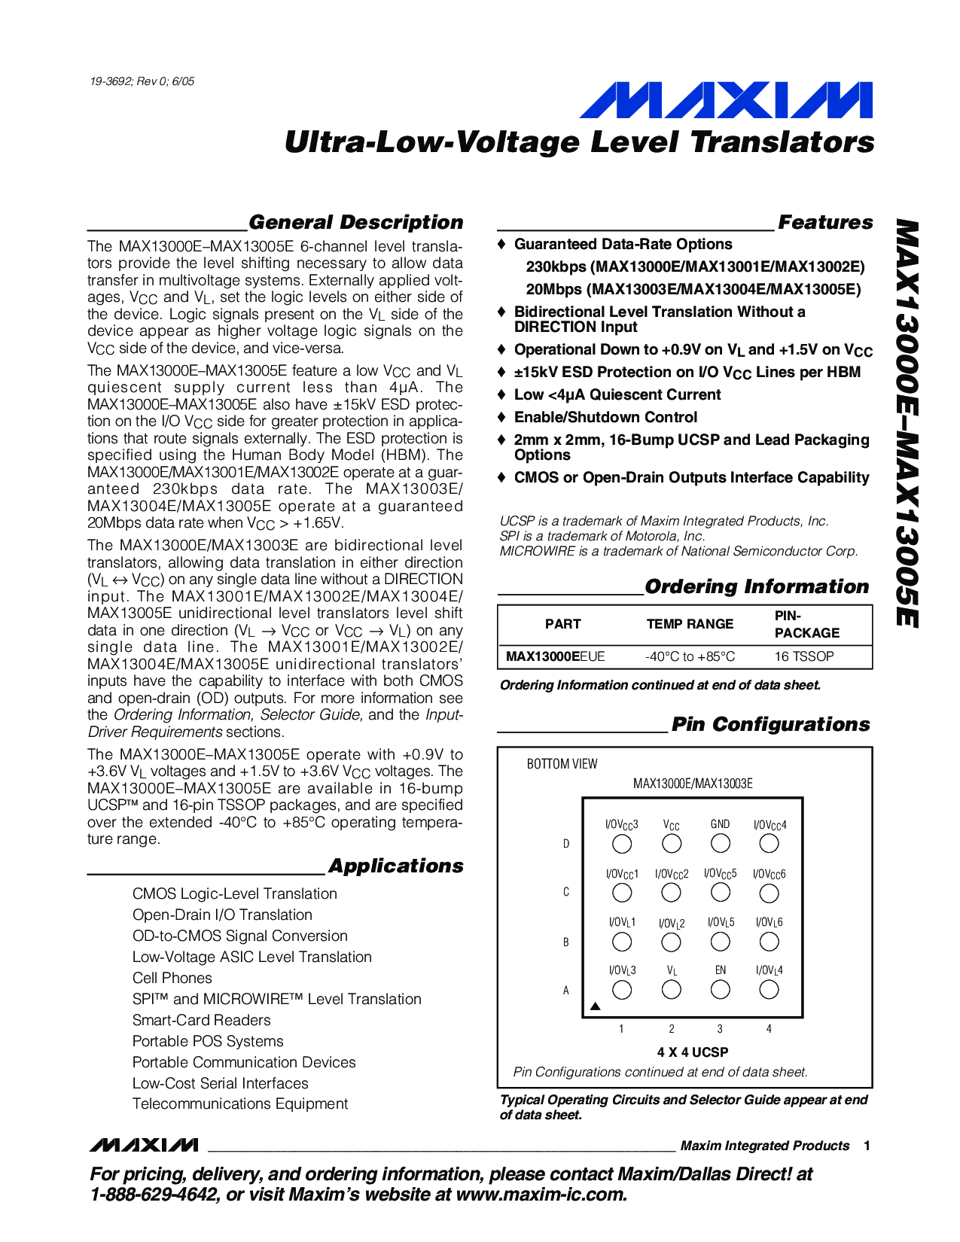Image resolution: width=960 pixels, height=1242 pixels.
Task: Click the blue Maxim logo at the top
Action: [726, 101]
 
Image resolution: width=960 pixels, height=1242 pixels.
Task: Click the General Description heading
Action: [355, 223]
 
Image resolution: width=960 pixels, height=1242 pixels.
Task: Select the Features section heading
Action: [825, 223]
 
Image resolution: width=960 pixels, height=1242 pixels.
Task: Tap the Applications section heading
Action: [395, 866]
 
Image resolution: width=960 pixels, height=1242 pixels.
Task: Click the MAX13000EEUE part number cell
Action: [555, 656]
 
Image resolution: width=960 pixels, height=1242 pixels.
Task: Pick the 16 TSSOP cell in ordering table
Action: [804, 656]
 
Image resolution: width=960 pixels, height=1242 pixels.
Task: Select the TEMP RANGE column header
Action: [690, 624]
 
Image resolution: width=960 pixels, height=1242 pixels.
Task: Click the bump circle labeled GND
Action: [721, 844]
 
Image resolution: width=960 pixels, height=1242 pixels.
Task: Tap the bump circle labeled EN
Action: [721, 990]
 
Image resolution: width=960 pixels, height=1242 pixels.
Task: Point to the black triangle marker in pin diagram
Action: [595, 1006]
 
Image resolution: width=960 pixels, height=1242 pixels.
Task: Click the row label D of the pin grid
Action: [566, 844]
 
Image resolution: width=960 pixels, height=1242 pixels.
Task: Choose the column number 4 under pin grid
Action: [769, 1029]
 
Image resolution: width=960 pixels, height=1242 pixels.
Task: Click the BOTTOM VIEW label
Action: [562, 764]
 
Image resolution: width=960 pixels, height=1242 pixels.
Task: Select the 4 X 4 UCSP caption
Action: [692, 1052]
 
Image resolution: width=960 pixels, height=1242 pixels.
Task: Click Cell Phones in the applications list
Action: [172, 979]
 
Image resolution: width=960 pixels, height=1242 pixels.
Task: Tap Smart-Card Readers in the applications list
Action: [201, 1021]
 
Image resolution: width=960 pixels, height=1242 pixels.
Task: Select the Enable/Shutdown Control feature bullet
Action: [605, 418]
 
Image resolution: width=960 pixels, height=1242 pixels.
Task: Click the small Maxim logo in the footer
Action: [144, 1146]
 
